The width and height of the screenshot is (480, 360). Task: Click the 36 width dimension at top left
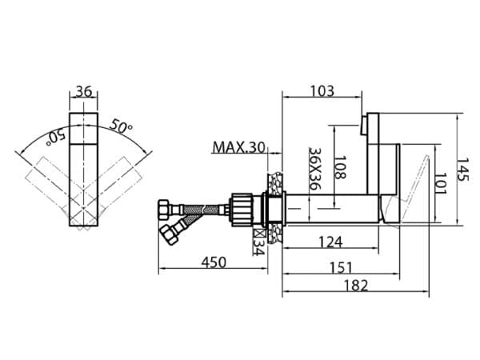tap(84, 91)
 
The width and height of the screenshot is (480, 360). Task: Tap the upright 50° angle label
tap(121, 126)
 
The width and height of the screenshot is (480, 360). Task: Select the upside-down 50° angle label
tap(55, 138)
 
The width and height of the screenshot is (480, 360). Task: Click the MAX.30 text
tap(238, 147)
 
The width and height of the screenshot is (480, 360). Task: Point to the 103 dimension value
tap(322, 91)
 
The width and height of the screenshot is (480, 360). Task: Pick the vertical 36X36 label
tap(314, 169)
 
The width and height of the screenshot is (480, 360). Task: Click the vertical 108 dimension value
tap(339, 167)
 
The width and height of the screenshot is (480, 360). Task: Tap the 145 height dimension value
tap(462, 170)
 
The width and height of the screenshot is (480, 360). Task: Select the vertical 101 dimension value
tap(441, 183)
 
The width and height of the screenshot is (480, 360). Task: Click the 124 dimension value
tap(331, 242)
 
